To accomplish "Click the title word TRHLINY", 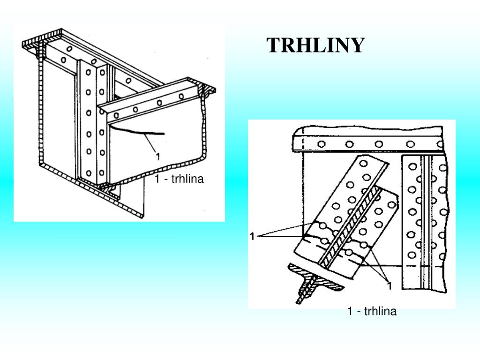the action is pyautogui.click(x=315, y=45).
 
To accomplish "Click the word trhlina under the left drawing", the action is pyautogui.click(x=187, y=179).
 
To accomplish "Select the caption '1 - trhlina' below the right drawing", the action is pyautogui.click(x=372, y=311).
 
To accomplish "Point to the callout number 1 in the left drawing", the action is pyautogui.click(x=157, y=157).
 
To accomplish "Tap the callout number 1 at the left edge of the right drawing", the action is pyautogui.click(x=252, y=236).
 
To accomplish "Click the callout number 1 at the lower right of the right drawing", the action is pyautogui.click(x=390, y=286).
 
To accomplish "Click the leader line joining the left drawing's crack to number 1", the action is pyautogui.click(x=150, y=142).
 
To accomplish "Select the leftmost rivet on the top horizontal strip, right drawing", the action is pyautogui.click(x=322, y=144).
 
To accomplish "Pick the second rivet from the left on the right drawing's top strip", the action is pyautogui.click(x=350, y=144).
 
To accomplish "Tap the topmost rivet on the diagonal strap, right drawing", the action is pyautogui.click(x=363, y=164).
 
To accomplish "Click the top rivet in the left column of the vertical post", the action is pyautogui.click(x=88, y=72).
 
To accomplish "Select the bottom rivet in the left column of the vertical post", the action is pyautogui.click(x=89, y=173).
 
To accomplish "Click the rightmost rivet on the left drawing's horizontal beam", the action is pyautogui.click(x=181, y=97).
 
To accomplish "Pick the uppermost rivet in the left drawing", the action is pyautogui.click(x=69, y=49).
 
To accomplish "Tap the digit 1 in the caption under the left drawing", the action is pyautogui.click(x=157, y=179).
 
